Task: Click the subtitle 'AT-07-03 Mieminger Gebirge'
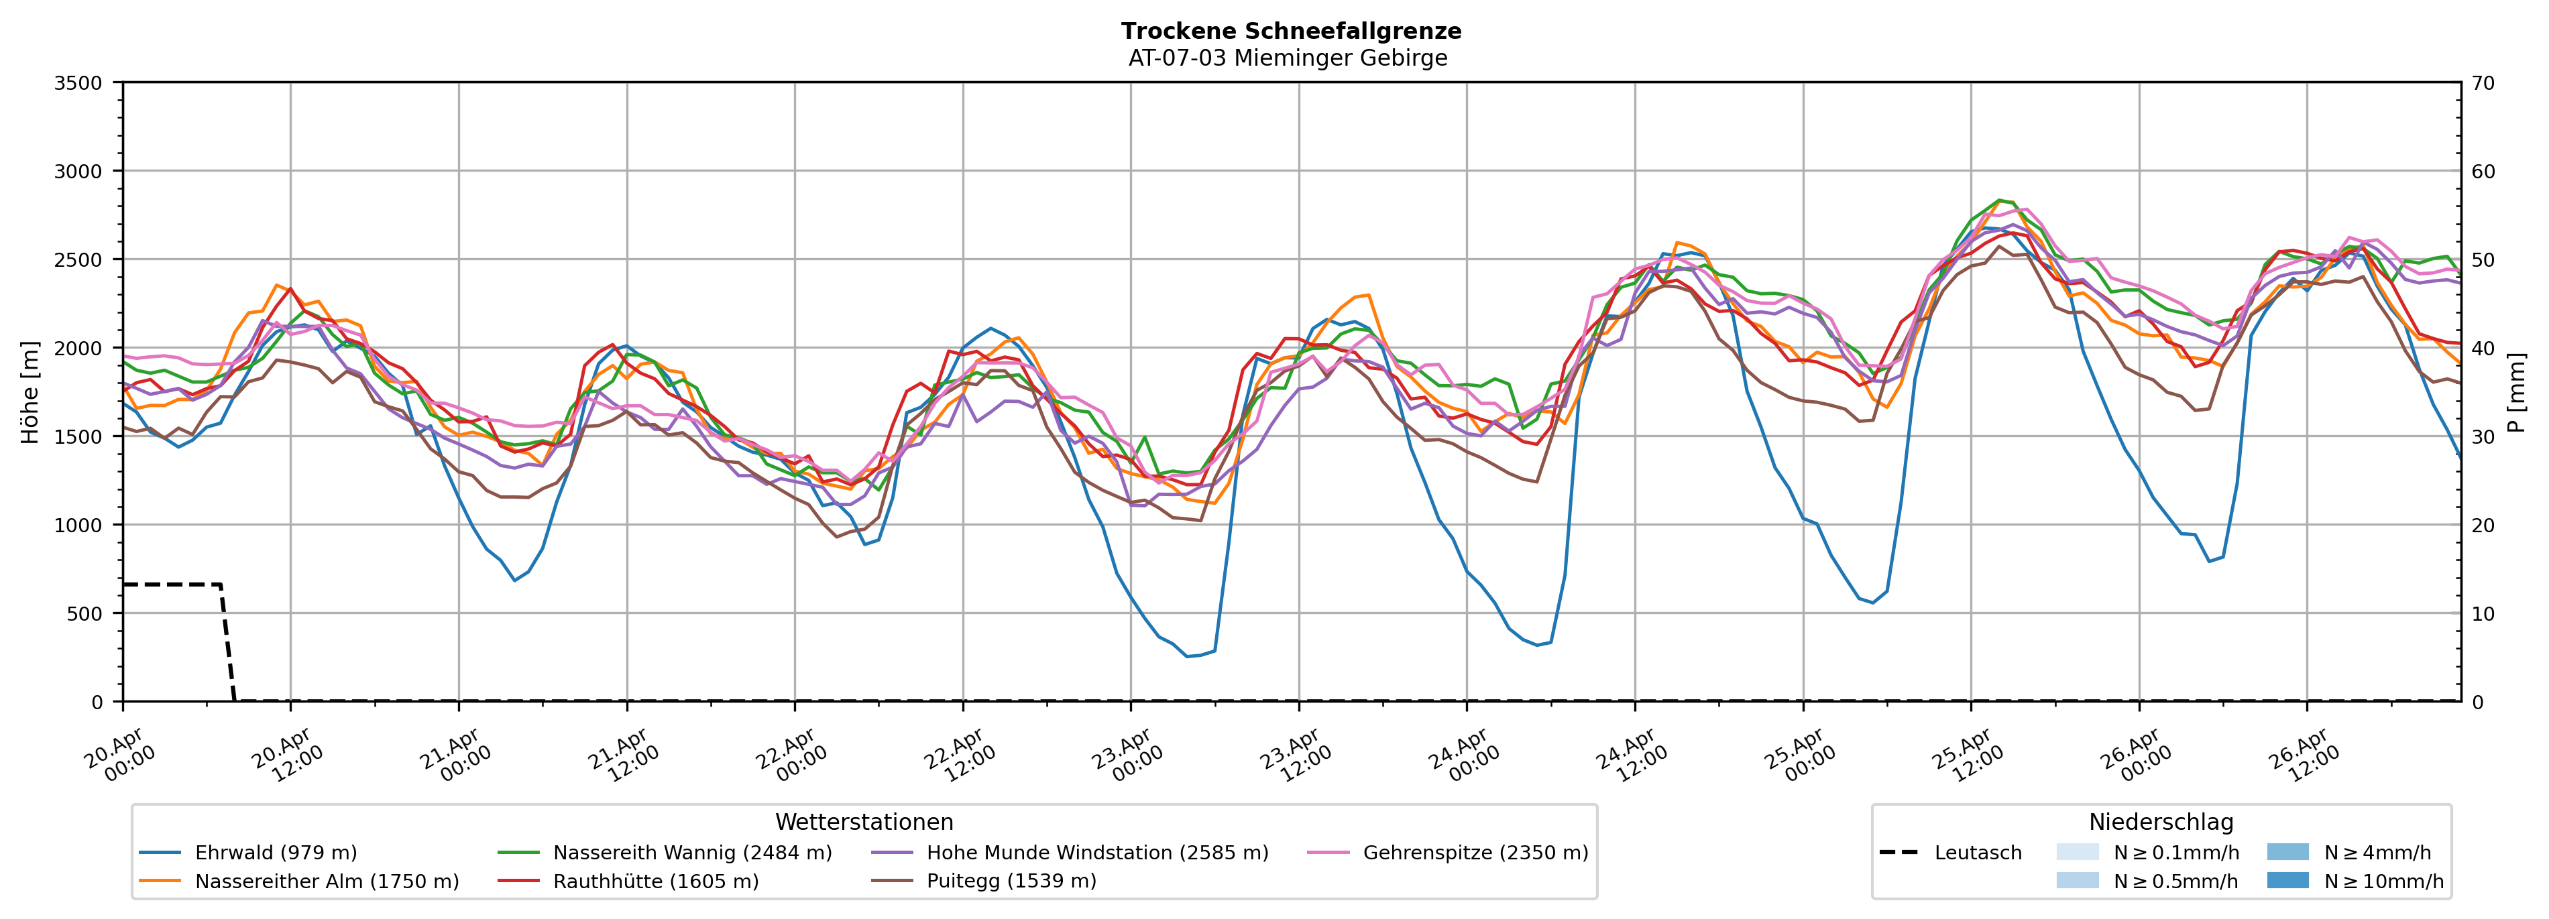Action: (1288, 58)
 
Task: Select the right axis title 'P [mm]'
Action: (2516, 393)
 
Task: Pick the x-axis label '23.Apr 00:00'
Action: (1125, 757)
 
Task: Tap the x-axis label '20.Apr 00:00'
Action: (118, 757)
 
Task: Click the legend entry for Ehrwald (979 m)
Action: (275, 853)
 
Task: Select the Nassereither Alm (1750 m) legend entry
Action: (327, 881)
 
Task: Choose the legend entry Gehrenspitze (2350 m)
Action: (1475, 853)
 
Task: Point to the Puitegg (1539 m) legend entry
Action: (1011, 881)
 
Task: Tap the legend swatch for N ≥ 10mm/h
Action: (2287, 880)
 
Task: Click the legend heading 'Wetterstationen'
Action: (864, 822)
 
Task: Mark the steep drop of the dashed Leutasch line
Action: (227, 643)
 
